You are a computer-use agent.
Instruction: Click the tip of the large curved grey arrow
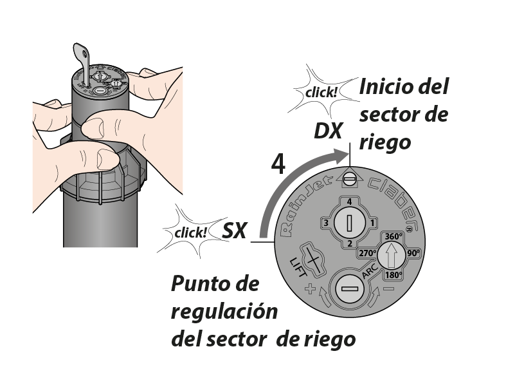click(348, 155)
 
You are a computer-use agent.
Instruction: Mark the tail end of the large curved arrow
click(264, 237)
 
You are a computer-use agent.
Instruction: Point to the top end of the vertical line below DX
click(350, 143)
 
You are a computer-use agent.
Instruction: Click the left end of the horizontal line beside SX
click(251, 242)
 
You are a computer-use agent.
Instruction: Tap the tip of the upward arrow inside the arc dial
click(391, 243)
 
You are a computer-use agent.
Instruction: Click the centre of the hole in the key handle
click(85, 52)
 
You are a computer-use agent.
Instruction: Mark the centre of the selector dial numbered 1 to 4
click(350, 223)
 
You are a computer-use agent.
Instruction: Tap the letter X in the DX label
click(335, 131)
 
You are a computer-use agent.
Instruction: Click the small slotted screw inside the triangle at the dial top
click(350, 179)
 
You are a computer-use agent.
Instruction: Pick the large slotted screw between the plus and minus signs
click(350, 288)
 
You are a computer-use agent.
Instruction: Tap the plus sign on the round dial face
click(310, 289)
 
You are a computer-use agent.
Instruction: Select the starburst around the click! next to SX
click(194, 232)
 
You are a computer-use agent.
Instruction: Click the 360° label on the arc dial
click(393, 236)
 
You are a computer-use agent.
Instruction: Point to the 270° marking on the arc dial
click(367, 253)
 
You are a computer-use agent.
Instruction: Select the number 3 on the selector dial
click(326, 223)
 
